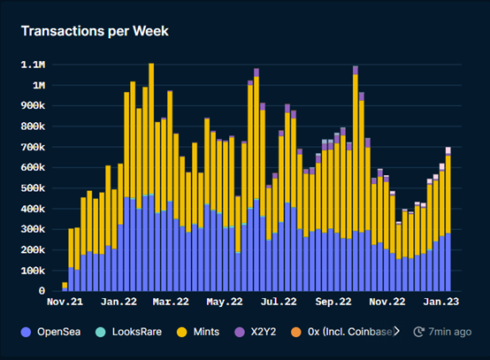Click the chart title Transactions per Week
pyautogui.click(x=95, y=32)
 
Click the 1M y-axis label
pyautogui.click(x=40, y=86)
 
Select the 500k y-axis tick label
pyautogui.click(x=34, y=188)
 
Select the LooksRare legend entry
pyautogui.click(x=143, y=332)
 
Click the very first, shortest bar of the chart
pyautogui.click(x=65, y=287)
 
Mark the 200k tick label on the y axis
pyautogui.click(x=34, y=250)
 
